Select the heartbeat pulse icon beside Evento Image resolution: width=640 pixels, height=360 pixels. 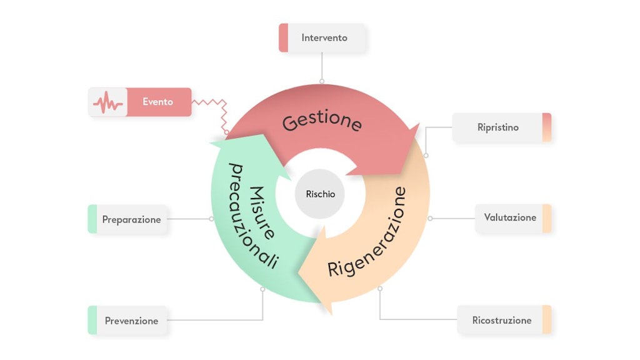[107, 102]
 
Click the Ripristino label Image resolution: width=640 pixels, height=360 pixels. [498, 127]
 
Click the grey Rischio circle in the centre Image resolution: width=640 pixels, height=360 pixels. [320, 194]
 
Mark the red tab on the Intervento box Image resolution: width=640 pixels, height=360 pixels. [283, 38]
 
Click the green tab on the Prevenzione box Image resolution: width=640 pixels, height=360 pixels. [92, 321]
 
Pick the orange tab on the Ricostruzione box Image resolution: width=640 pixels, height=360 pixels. [546, 320]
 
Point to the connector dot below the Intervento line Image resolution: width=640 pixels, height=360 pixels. [322, 81]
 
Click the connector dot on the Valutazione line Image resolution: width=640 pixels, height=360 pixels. [430, 219]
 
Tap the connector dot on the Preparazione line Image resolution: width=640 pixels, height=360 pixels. [211, 219]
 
